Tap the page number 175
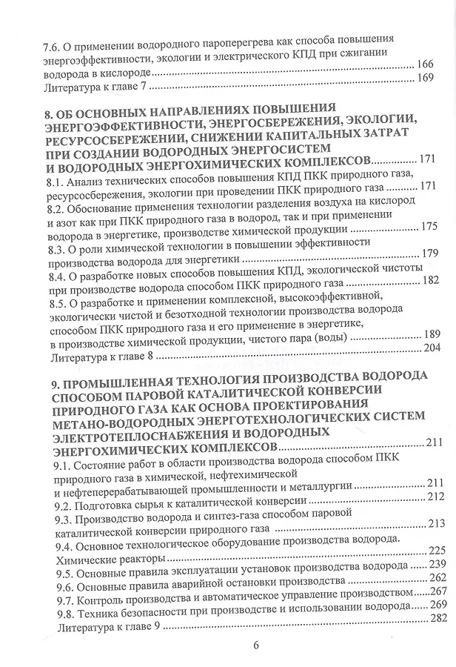429,228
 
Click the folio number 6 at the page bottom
255,645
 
